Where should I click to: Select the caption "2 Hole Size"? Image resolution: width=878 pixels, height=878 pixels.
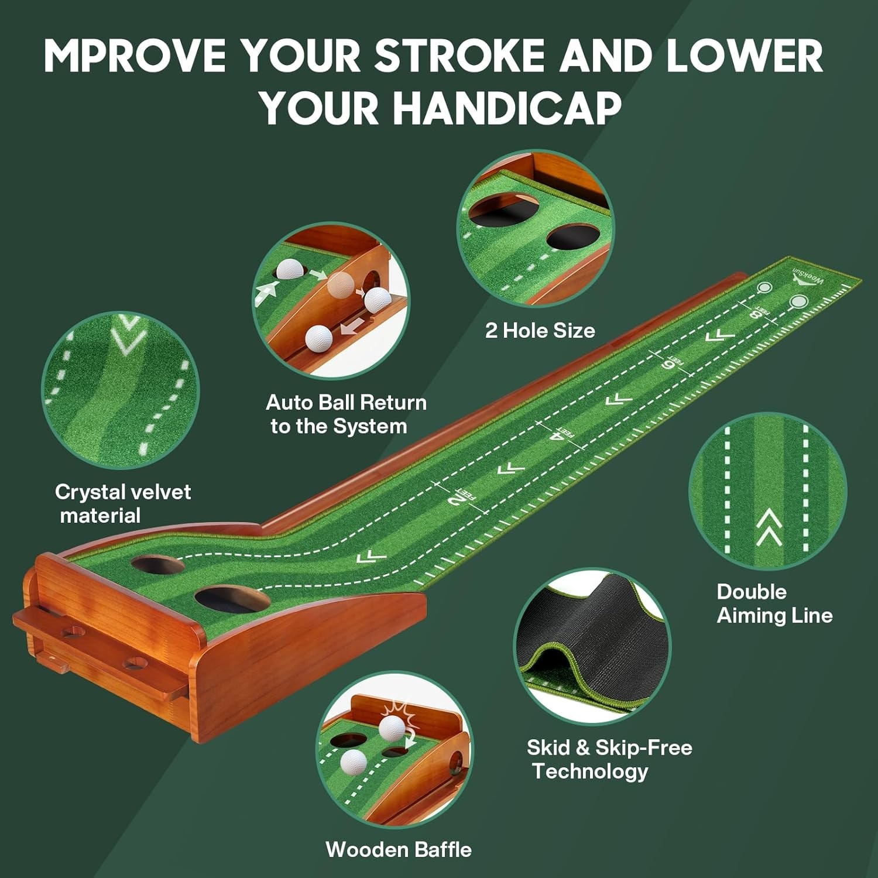coord(540,331)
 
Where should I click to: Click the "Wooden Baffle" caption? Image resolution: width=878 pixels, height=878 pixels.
coord(399,849)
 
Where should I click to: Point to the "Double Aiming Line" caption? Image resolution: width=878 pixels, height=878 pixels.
coord(774,603)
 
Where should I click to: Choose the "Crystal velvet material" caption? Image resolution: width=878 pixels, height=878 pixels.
coord(122,503)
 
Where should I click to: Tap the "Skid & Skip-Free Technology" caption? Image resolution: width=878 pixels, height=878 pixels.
coord(609,759)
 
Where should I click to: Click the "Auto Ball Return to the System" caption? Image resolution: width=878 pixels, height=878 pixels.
coord(346,414)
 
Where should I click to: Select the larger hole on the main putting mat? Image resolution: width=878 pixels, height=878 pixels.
coord(232,599)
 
